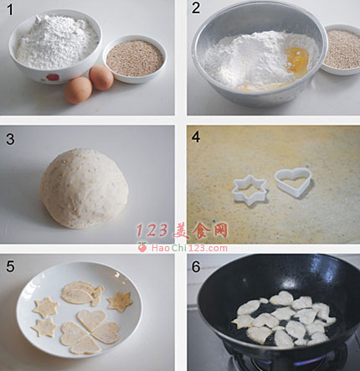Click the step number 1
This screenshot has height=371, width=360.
pyautogui.click(x=10, y=10)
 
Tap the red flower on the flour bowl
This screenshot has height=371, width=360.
pyautogui.click(x=53, y=77)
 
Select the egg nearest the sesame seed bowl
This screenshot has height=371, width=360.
pyautogui.click(x=101, y=78)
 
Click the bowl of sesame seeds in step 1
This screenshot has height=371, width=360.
pyautogui.click(x=135, y=59)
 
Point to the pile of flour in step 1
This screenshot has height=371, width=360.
pyautogui.click(x=57, y=41)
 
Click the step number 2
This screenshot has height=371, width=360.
pyautogui.click(x=196, y=8)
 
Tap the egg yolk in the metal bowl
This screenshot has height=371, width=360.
pyautogui.click(x=296, y=59)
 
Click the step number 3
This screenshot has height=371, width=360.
pyautogui.click(x=10, y=139)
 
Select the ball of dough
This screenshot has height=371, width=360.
pyautogui.click(x=85, y=188)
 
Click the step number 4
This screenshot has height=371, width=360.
pyautogui.click(x=196, y=137)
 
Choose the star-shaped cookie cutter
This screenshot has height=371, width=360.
pyautogui.click(x=249, y=190)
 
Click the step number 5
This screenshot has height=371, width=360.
pyautogui.click(x=10, y=266)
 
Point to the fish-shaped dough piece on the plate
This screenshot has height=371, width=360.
pyautogui.click(x=83, y=293)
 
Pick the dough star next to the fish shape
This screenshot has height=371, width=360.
pyautogui.click(x=120, y=301)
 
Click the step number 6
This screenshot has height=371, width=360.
pyautogui.click(x=196, y=266)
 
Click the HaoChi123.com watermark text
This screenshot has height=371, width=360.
pyautogui.click(x=189, y=248)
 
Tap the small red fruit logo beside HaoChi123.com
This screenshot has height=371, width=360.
pyautogui.click(x=142, y=247)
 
